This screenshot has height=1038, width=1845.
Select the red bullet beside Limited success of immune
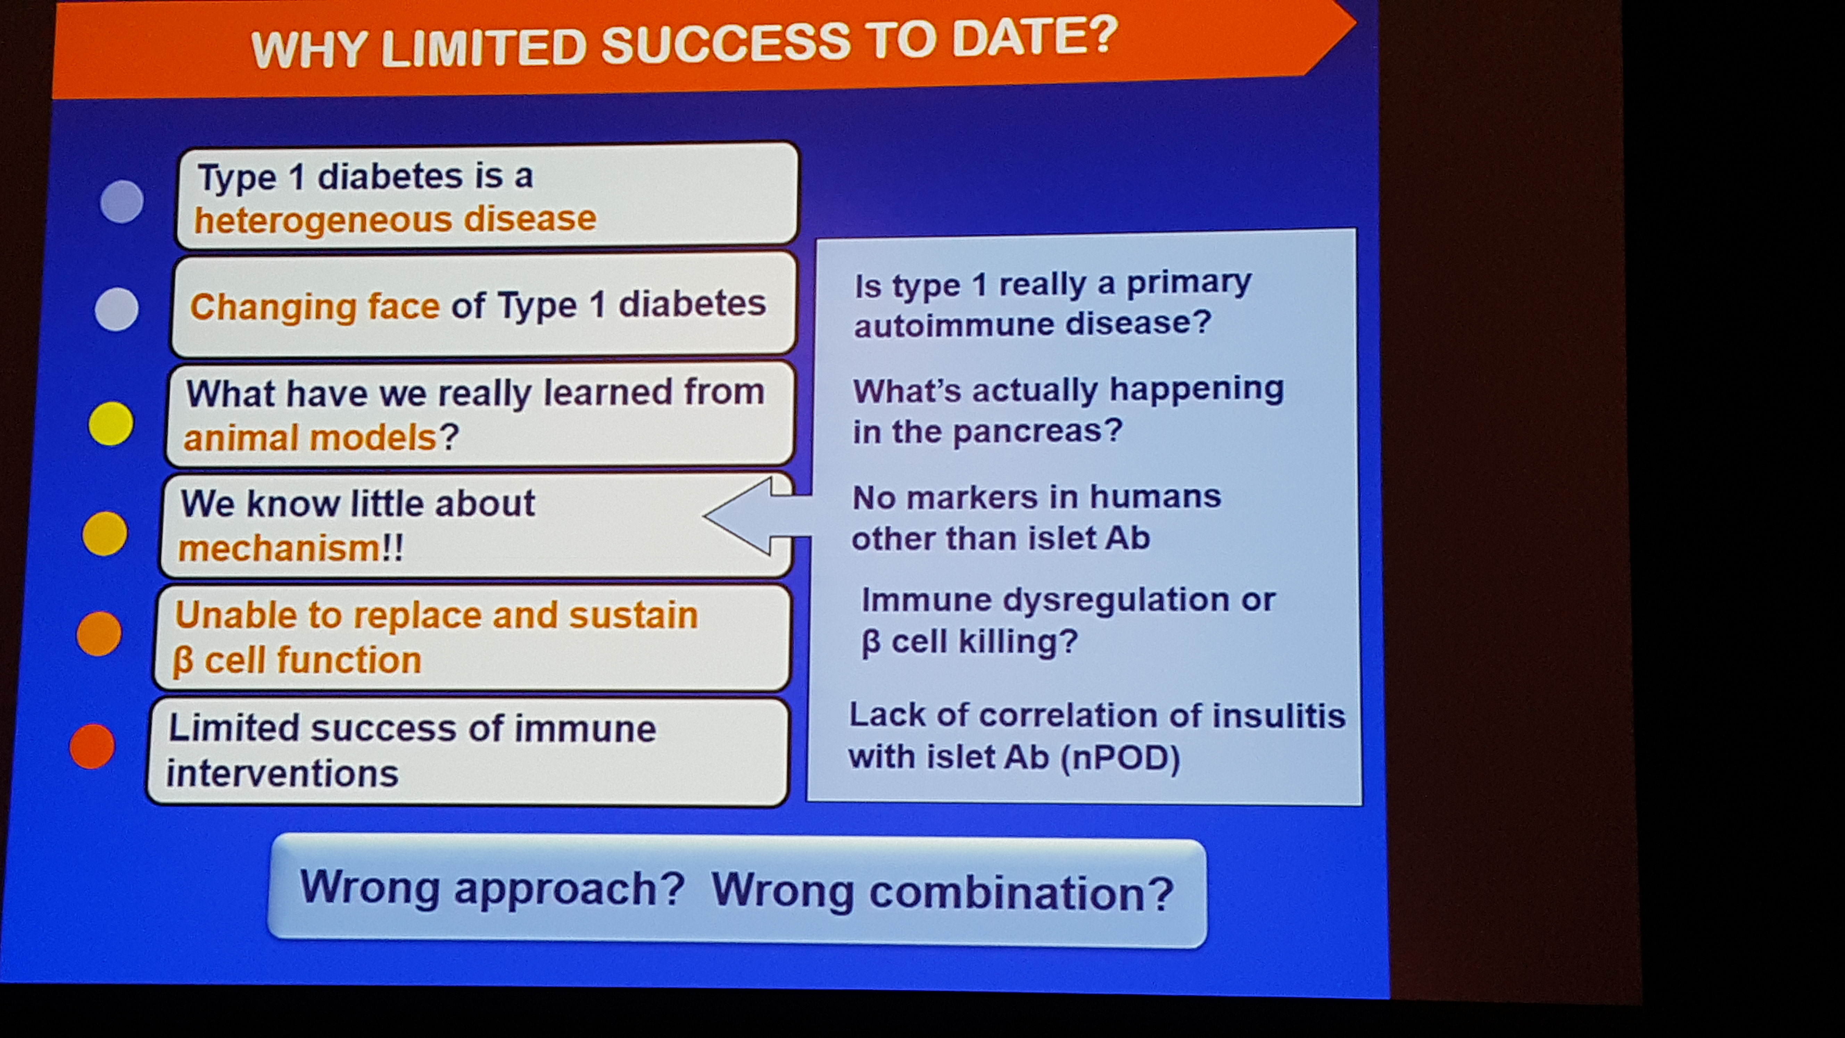coord(92,747)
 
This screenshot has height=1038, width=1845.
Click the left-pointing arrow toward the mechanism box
coord(758,516)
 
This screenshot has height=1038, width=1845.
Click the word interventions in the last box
coord(282,774)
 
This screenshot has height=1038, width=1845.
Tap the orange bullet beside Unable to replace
coord(99,633)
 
